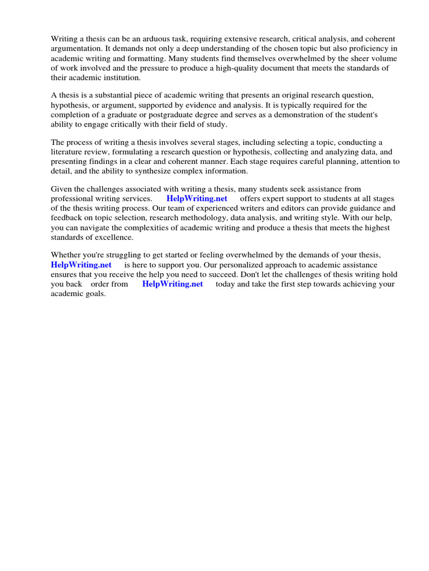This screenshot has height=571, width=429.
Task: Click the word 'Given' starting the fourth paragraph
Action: click(x=61, y=190)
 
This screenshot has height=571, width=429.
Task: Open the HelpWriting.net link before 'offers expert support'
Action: click(x=197, y=199)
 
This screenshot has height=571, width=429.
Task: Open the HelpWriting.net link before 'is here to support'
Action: click(x=81, y=265)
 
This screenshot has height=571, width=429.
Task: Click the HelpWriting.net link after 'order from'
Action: click(x=173, y=284)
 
